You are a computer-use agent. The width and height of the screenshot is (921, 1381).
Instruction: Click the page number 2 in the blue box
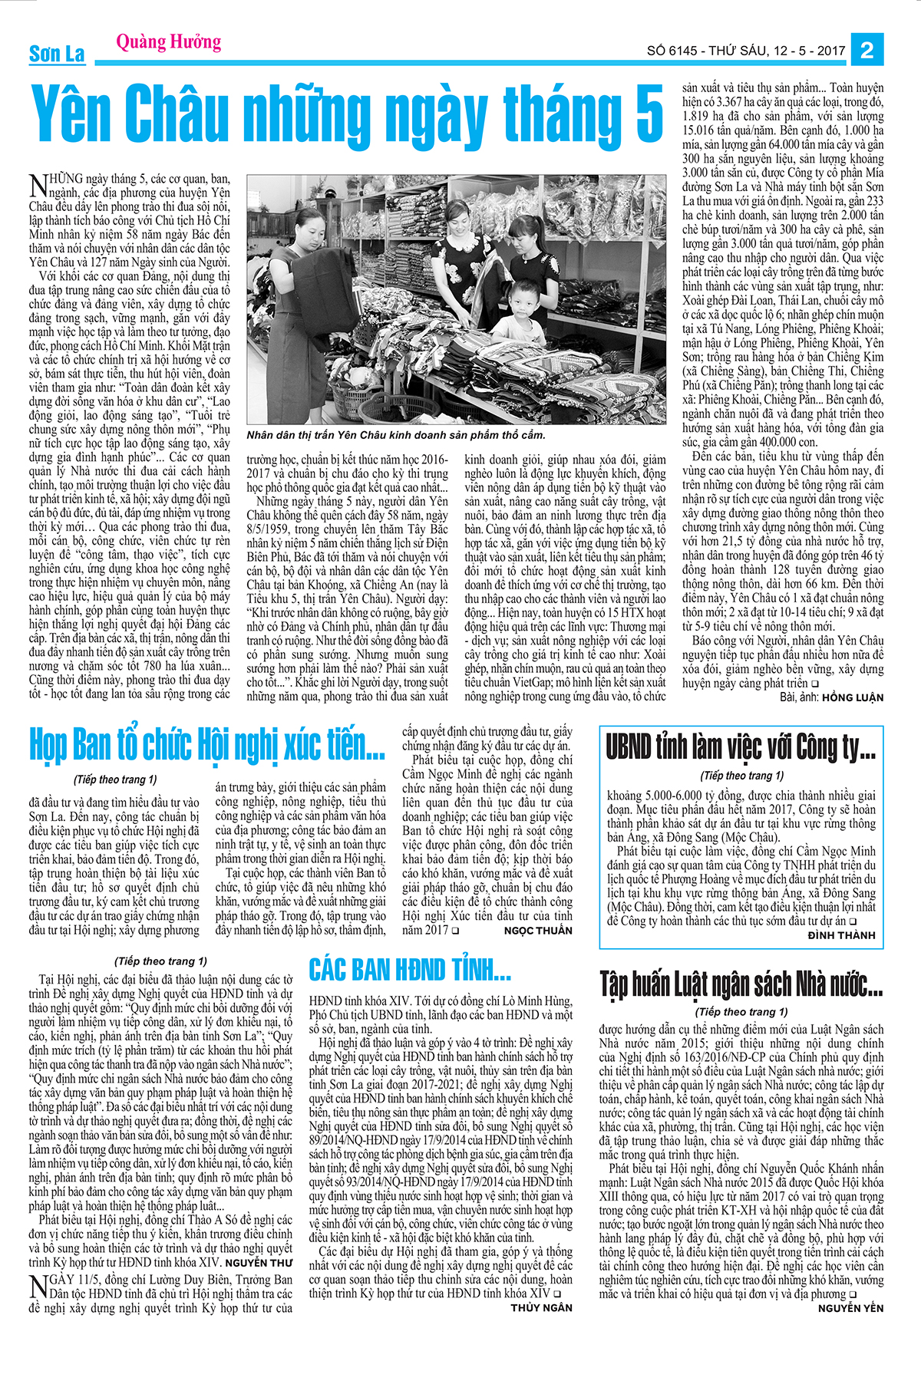(x=867, y=50)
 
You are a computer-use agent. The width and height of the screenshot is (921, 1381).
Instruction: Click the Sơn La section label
(x=57, y=54)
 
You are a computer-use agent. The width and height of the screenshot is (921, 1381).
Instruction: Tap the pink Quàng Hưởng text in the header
(x=168, y=41)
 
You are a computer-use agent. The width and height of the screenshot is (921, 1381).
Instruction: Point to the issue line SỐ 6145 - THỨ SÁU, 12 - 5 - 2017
(x=746, y=51)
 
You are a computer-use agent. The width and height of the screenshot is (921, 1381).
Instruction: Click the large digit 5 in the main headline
(x=649, y=115)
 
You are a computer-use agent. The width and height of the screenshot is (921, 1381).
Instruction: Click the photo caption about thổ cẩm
(x=396, y=435)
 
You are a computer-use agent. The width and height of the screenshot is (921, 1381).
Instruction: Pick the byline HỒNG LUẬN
(x=853, y=697)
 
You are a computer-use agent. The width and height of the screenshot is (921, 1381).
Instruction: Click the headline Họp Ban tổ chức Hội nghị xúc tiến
(x=207, y=744)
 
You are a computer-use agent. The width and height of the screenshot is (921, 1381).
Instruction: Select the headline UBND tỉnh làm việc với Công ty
(x=741, y=747)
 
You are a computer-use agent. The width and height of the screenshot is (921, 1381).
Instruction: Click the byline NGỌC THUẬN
(x=538, y=931)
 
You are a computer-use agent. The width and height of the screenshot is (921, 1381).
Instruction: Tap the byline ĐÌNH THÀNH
(x=841, y=935)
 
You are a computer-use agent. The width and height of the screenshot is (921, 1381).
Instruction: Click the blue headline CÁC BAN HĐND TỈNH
(x=410, y=971)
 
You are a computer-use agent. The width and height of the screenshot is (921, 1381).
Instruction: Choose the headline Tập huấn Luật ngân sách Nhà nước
(x=741, y=984)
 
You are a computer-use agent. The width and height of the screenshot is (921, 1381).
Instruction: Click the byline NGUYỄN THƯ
(x=259, y=1262)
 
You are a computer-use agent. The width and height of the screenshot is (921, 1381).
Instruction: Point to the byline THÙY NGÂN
(x=541, y=1307)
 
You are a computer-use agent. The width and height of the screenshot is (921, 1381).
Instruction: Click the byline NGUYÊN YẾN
(x=850, y=1307)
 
